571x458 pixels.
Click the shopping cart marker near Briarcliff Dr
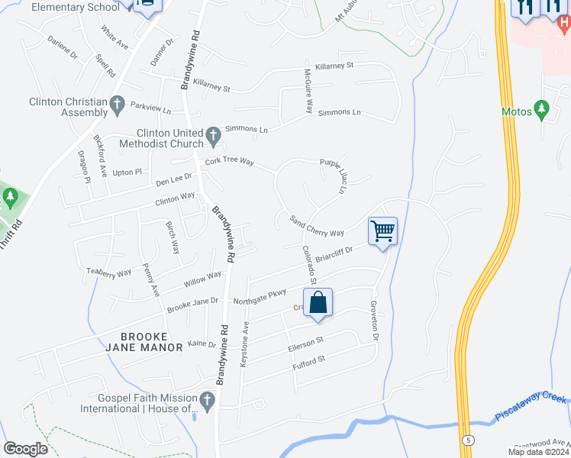382,231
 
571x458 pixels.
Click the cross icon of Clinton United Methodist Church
214,137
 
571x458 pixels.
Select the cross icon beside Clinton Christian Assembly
117,105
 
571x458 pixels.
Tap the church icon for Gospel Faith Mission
206,401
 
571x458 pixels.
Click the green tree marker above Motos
541,110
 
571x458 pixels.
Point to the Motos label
516,111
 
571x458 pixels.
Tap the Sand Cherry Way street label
317,227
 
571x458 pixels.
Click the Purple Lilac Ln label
333,175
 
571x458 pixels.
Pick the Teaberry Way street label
108,272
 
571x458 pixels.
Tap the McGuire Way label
308,94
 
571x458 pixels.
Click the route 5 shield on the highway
466,440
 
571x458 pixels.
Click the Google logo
25,449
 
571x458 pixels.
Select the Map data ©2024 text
538,452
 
